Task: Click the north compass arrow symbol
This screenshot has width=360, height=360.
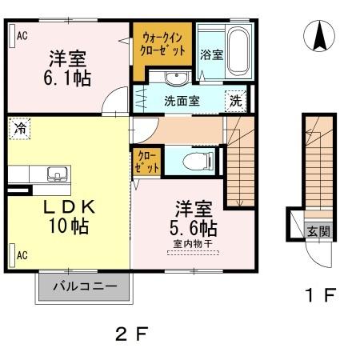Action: (x=318, y=36)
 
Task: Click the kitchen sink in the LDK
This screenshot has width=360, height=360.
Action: (x=57, y=174)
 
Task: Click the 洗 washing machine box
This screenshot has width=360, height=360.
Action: (x=236, y=102)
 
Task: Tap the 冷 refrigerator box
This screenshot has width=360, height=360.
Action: (x=18, y=126)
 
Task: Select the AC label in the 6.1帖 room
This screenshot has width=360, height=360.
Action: (x=22, y=34)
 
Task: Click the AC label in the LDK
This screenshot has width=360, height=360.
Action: (x=22, y=256)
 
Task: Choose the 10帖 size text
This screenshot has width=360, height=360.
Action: (x=68, y=225)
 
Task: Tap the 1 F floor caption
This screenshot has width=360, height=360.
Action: (x=318, y=296)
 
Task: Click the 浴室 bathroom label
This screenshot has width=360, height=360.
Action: (x=210, y=55)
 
